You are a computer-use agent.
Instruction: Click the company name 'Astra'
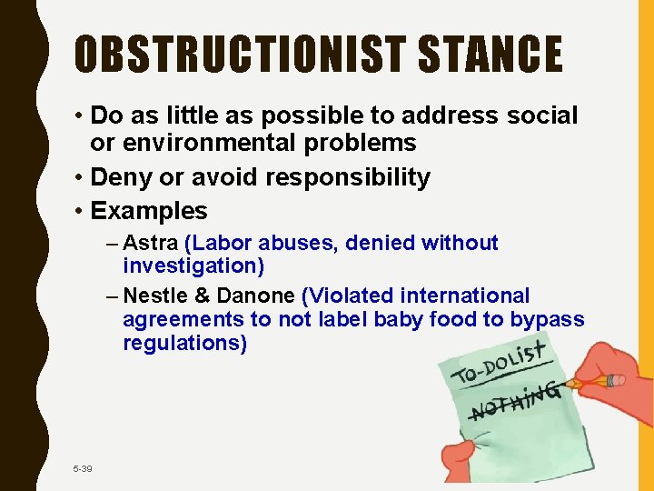tap(150, 243)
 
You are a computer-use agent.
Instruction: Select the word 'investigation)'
tap(193, 266)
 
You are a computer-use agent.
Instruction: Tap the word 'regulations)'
tap(184, 344)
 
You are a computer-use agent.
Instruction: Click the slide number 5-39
tap(83, 468)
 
